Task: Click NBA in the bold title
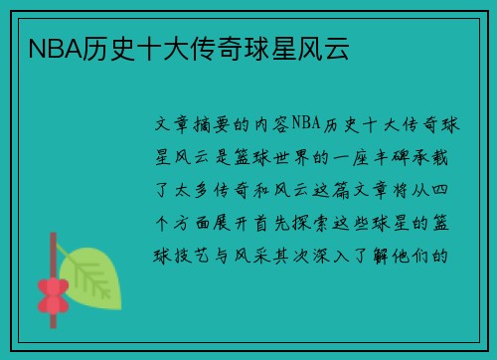point(45,48)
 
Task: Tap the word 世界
point(300,157)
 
